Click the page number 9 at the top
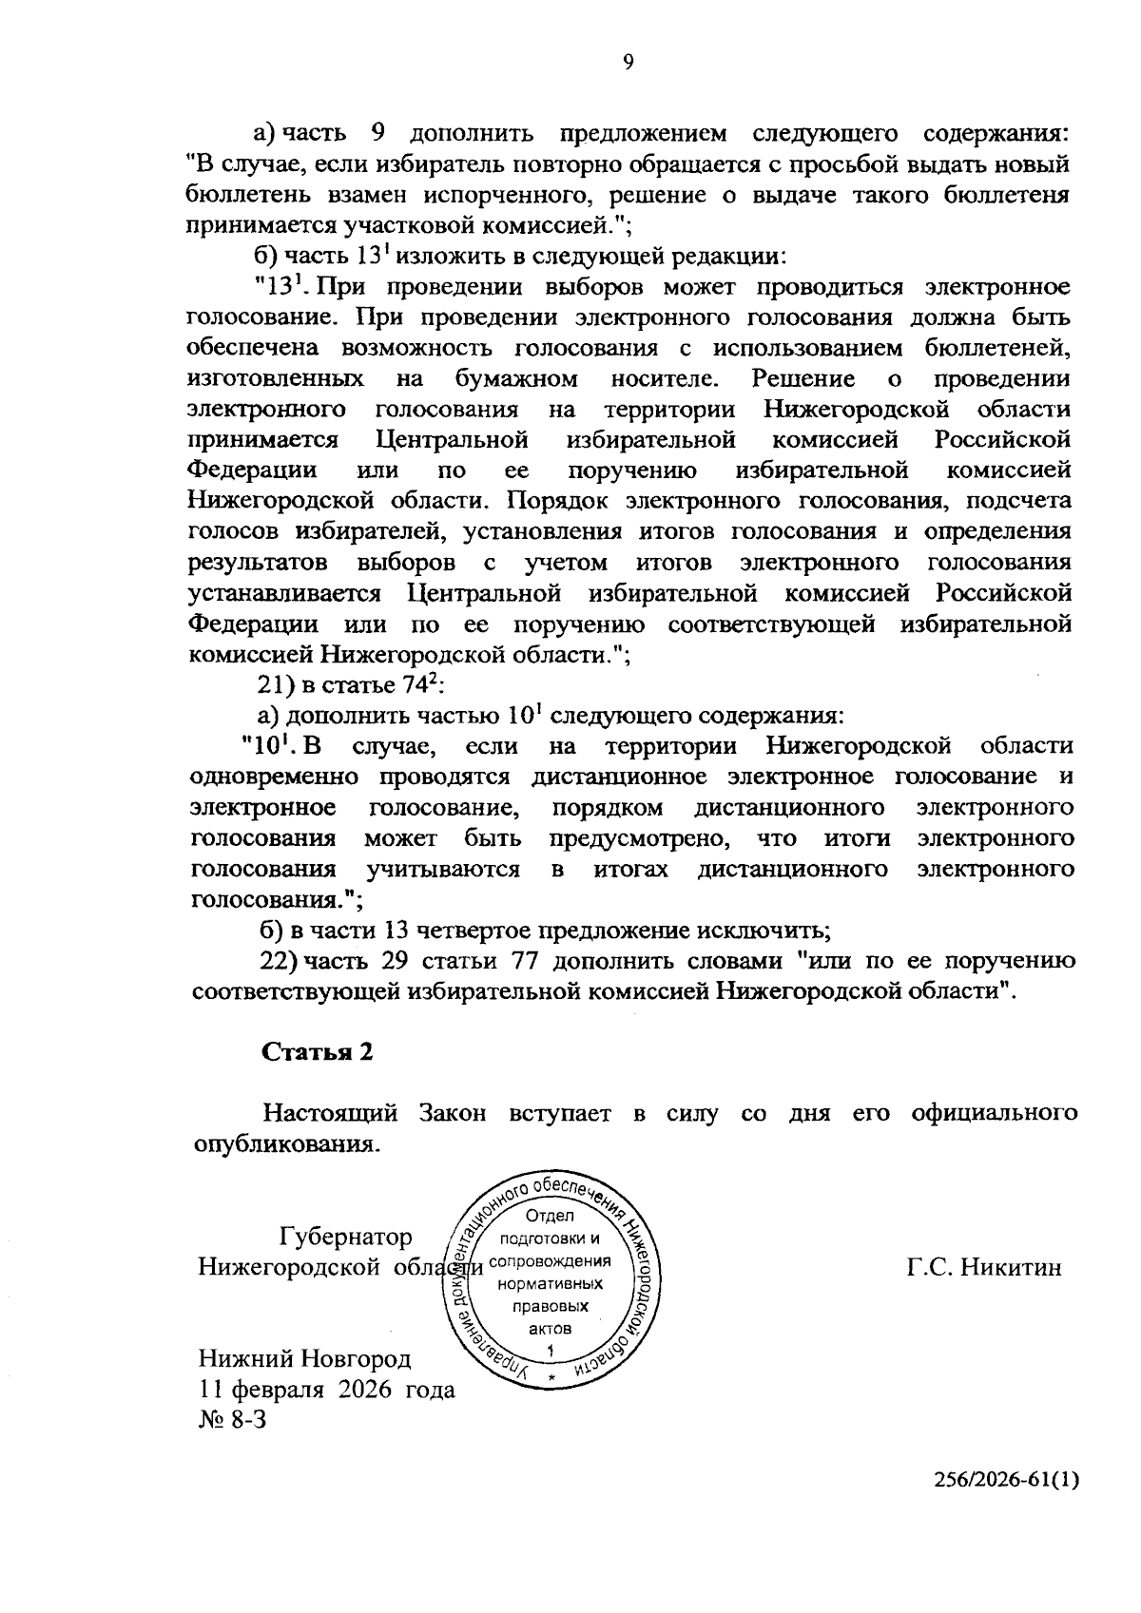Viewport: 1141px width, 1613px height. click(628, 63)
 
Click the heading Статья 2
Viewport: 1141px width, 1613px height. click(316, 1051)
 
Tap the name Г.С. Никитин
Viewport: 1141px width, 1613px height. click(984, 1268)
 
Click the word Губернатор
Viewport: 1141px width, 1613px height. click(346, 1237)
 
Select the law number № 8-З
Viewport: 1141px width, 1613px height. click(232, 1421)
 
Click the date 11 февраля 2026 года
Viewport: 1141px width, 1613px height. click(326, 1389)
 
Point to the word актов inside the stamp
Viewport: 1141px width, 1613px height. click(550, 1328)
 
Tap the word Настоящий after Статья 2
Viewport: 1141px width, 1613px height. click(329, 1113)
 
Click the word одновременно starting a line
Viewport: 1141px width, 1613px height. click(275, 777)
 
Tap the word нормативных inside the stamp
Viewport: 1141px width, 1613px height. click(550, 1284)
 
